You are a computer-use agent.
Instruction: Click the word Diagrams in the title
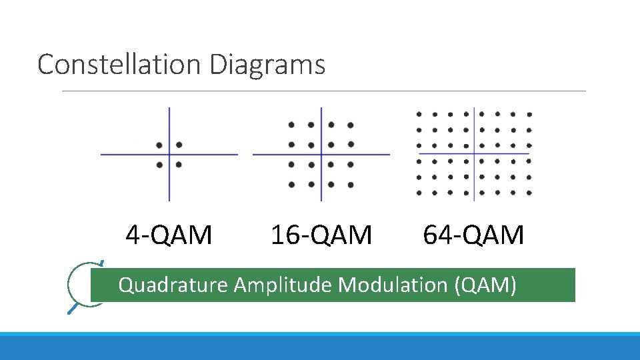click(267, 65)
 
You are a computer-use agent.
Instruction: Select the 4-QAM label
click(169, 235)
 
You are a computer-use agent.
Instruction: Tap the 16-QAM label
click(321, 235)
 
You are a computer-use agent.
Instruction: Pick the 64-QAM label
click(473, 235)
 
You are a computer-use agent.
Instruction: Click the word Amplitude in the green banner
click(284, 285)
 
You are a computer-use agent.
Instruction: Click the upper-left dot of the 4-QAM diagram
click(159, 145)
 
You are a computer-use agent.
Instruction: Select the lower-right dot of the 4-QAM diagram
click(179, 164)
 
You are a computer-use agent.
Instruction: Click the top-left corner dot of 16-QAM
click(291, 125)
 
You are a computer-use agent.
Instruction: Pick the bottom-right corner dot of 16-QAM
click(351, 185)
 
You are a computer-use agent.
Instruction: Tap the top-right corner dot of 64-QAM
click(529, 114)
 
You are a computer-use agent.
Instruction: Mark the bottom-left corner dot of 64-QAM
click(419, 193)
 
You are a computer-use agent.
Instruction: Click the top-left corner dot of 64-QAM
click(419, 114)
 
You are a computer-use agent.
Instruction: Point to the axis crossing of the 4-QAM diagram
click(169, 155)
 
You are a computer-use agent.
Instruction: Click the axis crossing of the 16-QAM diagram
click(321, 155)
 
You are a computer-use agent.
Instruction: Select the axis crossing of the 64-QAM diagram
click(474, 154)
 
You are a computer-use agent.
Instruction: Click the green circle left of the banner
click(80, 285)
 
